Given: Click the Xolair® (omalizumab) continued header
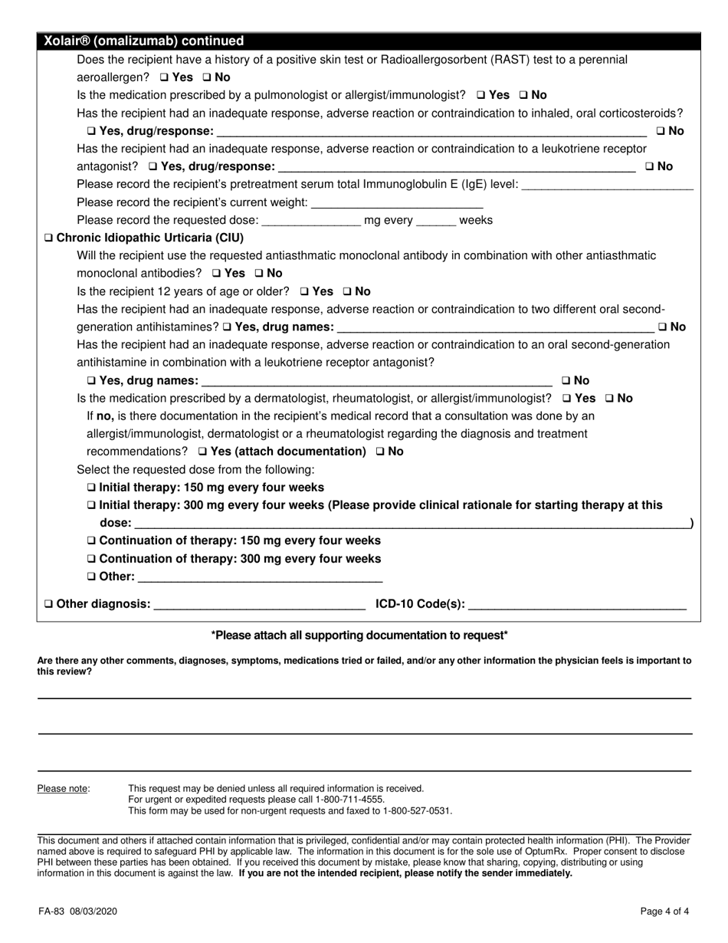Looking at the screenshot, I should (x=144, y=41).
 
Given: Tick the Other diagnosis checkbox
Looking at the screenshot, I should (x=50, y=604).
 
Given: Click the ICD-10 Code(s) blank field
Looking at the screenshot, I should (x=576, y=604).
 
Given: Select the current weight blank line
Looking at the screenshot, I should (x=398, y=203).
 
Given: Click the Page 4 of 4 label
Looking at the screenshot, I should (x=664, y=912).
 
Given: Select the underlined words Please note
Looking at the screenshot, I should (x=63, y=788).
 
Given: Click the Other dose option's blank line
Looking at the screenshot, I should (x=260, y=577).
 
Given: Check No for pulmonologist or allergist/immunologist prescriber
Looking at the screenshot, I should (x=523, y=96).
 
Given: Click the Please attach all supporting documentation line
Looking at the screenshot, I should (x=359, y=635).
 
